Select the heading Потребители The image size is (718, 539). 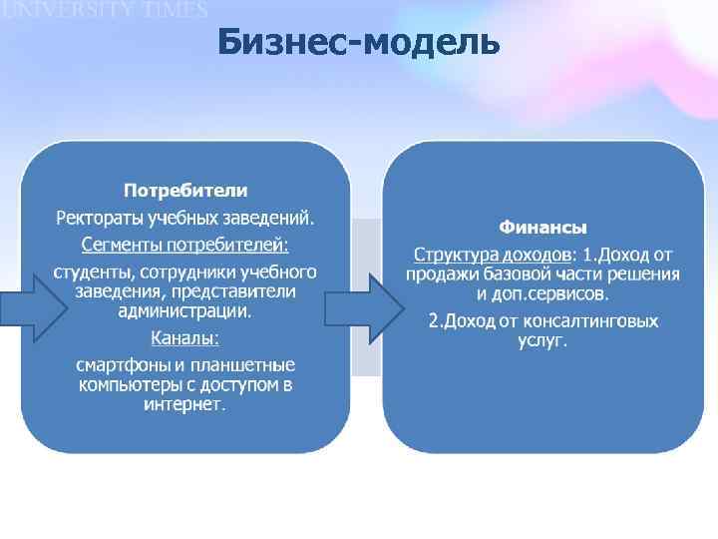coord(185,190)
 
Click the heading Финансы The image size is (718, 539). coord(542,227)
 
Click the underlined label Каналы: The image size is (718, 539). coord(185,337)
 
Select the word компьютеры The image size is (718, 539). coord(126,384)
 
